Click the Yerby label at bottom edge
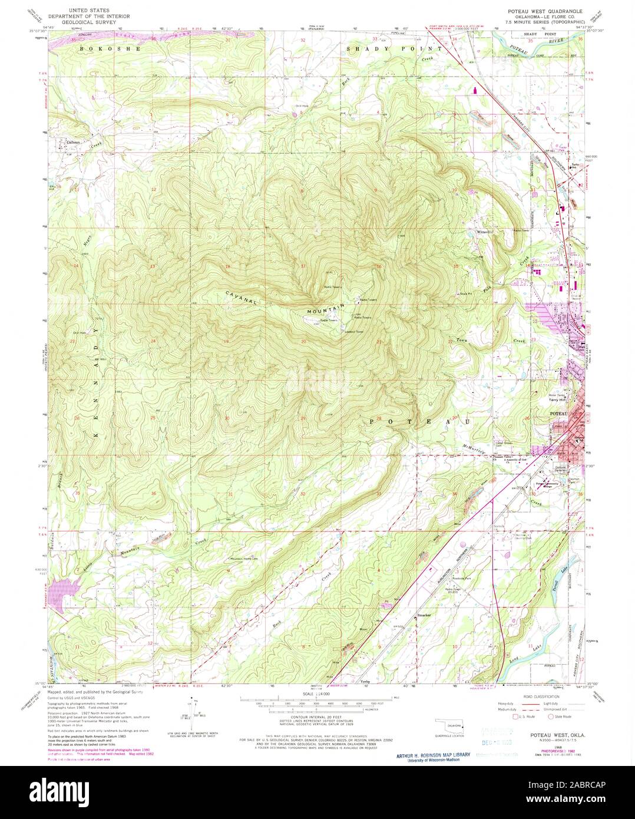tap(365, 681)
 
